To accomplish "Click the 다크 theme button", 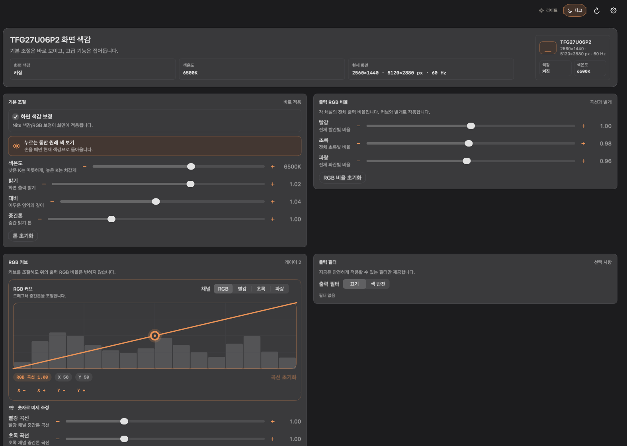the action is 575,10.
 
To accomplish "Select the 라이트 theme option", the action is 548,10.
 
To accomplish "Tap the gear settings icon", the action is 613,10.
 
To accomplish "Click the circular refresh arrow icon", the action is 597,11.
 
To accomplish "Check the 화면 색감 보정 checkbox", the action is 16,116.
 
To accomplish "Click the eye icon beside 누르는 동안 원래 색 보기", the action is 17,146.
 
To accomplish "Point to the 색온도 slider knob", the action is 191,166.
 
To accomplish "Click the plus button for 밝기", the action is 273,184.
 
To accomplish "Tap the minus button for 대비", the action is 52,201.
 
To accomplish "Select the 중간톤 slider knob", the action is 111,219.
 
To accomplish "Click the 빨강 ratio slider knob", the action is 471,126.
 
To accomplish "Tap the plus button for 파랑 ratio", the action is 583,161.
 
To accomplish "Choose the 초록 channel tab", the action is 261,289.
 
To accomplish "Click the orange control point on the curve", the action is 155,336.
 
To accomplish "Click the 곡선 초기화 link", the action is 283,377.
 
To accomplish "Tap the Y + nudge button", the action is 81,390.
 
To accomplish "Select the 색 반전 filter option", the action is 378,284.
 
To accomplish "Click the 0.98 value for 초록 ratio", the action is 606,144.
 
